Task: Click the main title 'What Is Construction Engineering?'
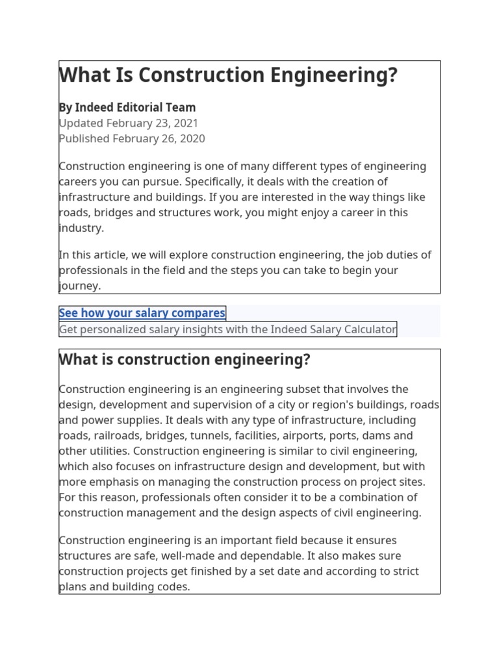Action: [228, 76]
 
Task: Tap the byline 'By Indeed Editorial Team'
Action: [127, 108]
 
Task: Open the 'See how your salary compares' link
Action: [142, 314]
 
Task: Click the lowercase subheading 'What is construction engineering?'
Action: [185, 360]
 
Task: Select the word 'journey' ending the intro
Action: [79, 286]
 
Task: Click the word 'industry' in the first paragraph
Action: [80, 229]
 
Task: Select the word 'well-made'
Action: [212, 556]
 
